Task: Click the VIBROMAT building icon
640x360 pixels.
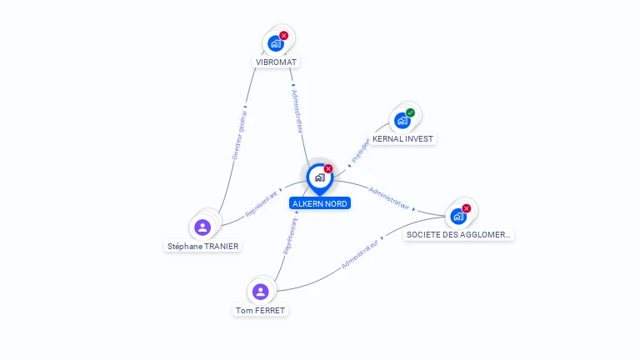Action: [x=275, y=43]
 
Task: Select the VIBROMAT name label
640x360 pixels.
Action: [x=277, y=62]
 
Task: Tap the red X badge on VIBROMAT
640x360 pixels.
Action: [x=284, y=36]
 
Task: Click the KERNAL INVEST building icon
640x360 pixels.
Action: [x=402, y=120]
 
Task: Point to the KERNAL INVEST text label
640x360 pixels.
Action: [x=403, y=138]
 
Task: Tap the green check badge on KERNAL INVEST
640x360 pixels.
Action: [x=410, y=112]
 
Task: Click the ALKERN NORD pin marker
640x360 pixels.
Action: [x=319, y=177]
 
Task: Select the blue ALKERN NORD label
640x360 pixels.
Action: [x=320, y=203]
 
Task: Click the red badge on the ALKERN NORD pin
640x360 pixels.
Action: [x=328, y=168]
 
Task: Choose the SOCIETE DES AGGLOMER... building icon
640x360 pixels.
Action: [x=457, y=217]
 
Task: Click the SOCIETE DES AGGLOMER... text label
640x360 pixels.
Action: [x=458, y=235]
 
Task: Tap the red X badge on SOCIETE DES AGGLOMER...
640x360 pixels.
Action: [x=467, y=208]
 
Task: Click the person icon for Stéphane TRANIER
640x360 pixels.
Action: [x=202, y=227]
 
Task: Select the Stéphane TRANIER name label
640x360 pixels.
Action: [x=203, y=246]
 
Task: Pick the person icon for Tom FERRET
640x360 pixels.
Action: [x=260, y=292]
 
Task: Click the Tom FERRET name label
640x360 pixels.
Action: [x=260, y=310]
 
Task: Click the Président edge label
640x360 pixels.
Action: [x=360, y=150]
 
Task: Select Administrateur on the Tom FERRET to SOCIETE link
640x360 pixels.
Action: [x=362, y=253]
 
